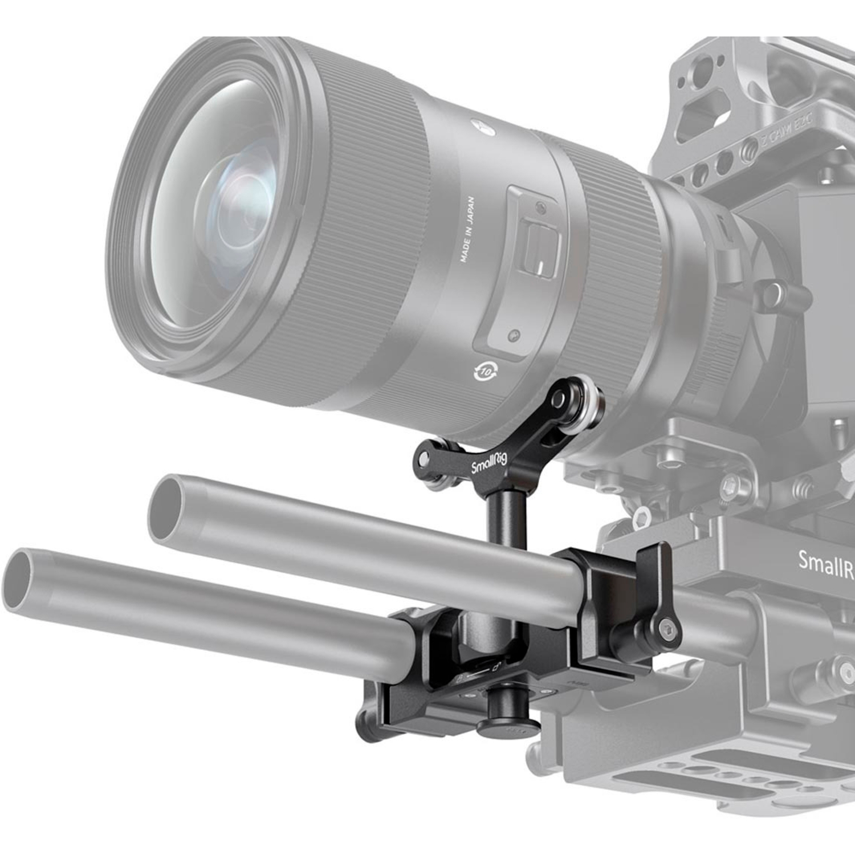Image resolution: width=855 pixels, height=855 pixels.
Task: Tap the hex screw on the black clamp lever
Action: point(667,630)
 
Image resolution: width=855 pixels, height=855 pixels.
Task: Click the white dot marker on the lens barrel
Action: point(475,123)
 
